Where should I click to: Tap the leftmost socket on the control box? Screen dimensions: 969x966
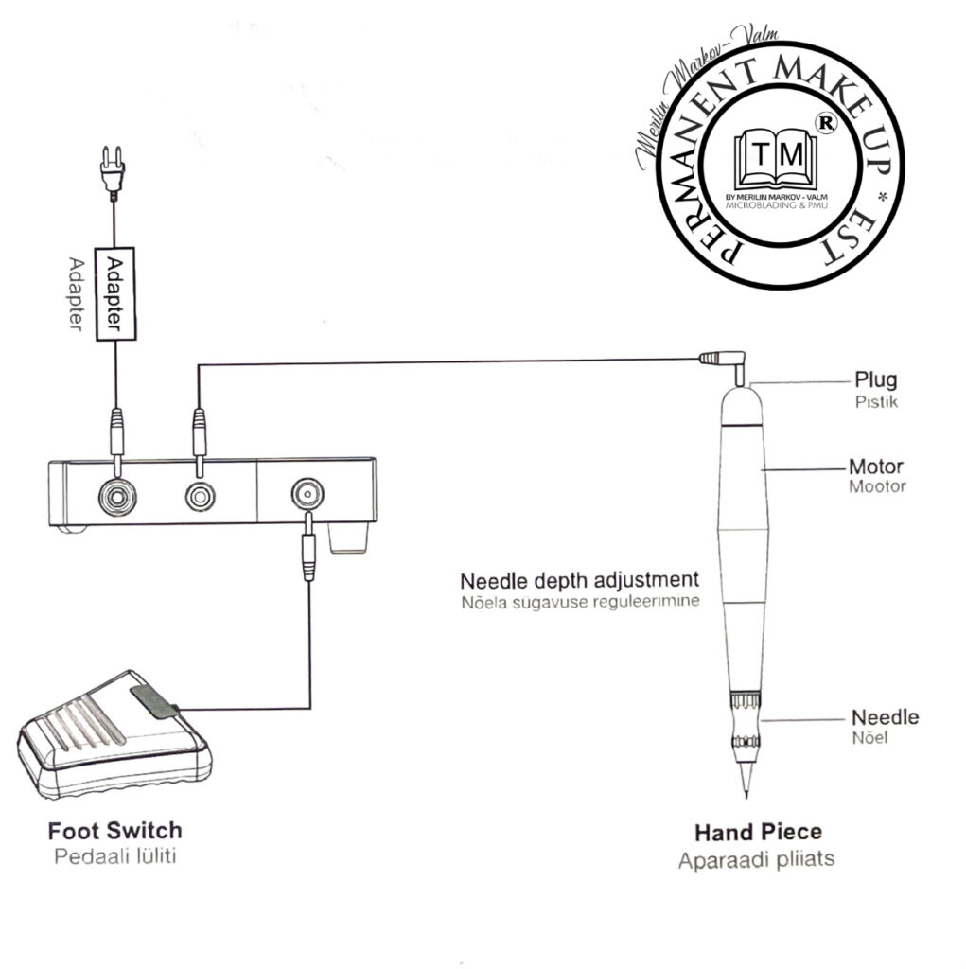pos(115,493)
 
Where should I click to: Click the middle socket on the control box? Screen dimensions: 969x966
pos(199,494)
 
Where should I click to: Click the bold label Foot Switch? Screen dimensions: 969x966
pos(114,831)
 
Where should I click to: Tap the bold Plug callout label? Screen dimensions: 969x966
pos(875,380)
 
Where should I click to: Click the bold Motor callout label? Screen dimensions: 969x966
pos(875,467)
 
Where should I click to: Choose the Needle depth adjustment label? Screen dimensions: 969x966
pos(579,579)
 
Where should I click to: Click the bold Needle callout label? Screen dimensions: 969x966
pos(885,717)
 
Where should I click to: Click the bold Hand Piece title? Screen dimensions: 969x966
pos(758,833)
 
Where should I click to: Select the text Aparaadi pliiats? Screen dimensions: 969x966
pos(756,861)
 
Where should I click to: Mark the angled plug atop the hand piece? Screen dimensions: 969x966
pos(724,361)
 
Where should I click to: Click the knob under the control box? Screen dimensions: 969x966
pos(347,539)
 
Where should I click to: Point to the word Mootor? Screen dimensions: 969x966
pos(877,486)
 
